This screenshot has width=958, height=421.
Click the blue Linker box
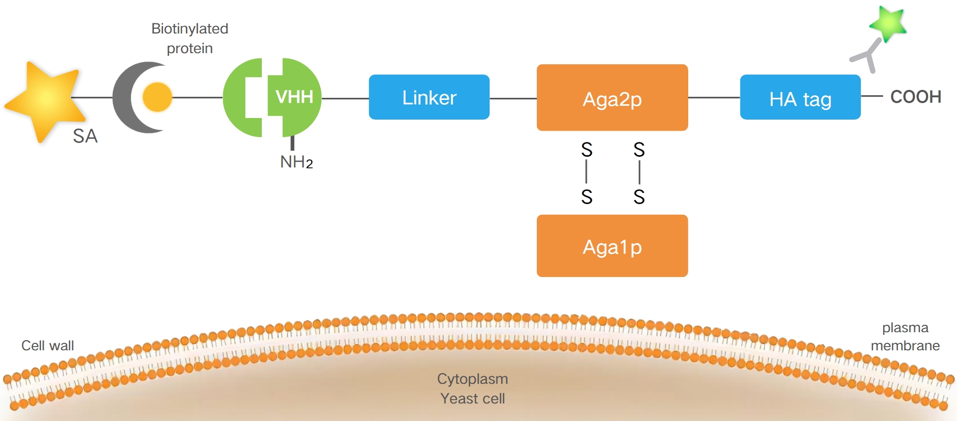429,97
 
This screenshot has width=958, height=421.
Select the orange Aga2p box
612,98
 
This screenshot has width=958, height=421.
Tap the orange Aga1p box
612,246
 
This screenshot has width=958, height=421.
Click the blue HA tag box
800,98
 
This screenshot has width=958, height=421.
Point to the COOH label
916,97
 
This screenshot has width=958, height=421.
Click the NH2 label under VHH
296,162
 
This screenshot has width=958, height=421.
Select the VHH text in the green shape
294,97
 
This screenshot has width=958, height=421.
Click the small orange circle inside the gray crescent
157,97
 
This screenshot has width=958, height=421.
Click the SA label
85,136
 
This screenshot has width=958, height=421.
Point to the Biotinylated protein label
190,38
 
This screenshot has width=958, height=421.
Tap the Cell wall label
47,346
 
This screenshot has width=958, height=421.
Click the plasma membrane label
905,336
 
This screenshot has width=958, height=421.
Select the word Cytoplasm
472,378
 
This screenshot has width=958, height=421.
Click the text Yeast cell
472,398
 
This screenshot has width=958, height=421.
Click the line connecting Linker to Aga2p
512,98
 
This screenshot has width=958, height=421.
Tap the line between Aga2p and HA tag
714,98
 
